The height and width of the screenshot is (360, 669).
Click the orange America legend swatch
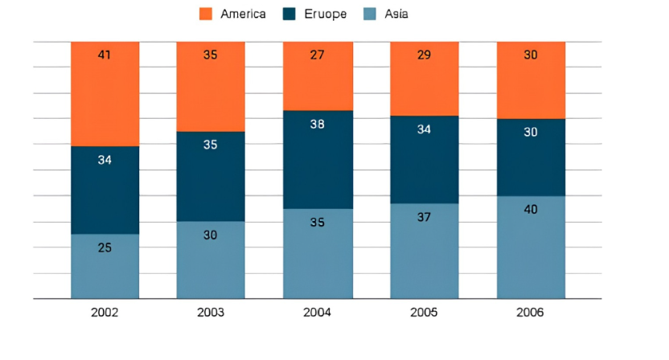click(206, 14)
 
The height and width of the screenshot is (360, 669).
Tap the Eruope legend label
click(325, 14)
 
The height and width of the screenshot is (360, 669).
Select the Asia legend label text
click(396, 14)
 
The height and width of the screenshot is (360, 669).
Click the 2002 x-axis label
click(105, 313)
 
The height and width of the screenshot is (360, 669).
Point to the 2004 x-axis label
click(317, 313)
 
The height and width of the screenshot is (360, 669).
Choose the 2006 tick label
click(530, 313)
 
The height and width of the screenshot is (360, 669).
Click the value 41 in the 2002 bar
click(105, 55)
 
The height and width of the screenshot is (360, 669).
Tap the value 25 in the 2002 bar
click(105, 247)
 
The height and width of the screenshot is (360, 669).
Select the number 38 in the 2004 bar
click(318, 124)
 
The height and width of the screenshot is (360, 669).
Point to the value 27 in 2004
click(318, 55)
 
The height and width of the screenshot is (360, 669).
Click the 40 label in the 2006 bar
click(531, 209)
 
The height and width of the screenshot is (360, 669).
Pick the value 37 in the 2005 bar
click(424, 217)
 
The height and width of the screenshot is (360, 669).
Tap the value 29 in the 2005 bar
click(424, 55)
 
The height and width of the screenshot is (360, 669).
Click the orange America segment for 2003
click(211, 87)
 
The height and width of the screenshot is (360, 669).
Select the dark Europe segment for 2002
click(105, 190)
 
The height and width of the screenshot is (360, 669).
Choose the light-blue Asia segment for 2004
click(318, 254)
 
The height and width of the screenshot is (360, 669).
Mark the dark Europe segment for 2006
click(532, 157)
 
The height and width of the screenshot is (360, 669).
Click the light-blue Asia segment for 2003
click(211, 260)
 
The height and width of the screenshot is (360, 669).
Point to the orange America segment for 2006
click(532, 80)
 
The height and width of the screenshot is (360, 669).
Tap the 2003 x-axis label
click(211, 313)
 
